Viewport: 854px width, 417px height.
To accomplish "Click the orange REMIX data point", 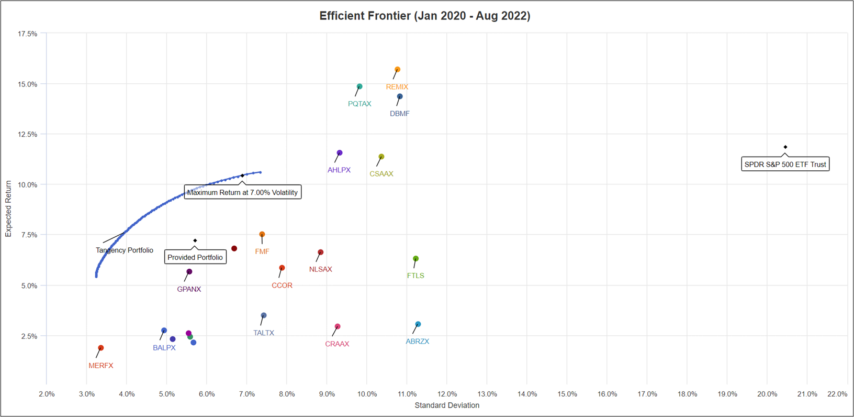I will tap(398, 70).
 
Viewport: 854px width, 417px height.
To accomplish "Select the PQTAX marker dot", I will tap(359, 86).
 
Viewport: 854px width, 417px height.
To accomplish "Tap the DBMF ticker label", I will tap(400, 114).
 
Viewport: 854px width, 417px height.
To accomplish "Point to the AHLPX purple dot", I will tap(340, 153).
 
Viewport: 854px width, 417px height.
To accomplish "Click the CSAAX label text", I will tap(381, 174).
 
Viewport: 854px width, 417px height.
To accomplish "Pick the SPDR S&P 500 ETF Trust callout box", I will tap(785, 164).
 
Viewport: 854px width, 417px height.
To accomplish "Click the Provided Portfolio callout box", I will tap(195, 257).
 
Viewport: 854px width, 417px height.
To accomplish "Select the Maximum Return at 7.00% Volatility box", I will tap(242, 192).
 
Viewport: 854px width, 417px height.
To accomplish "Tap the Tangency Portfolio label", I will tap(125, 250).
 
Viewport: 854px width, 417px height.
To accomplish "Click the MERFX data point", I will tap(101, 348).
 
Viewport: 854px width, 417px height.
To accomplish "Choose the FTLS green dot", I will tap(416, 259).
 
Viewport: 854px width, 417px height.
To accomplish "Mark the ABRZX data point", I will tap(418, 324).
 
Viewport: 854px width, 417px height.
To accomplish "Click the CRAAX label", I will tap(337, 344).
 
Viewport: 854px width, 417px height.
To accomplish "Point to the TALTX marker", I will tap(264, 315).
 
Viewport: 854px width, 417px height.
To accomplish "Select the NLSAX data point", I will tap(321, 253).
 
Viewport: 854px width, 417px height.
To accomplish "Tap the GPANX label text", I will tap(189, 289).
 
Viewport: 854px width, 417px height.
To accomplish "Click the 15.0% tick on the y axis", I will tap(28, 84).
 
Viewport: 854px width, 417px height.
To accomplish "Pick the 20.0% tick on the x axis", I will tap(767, 394).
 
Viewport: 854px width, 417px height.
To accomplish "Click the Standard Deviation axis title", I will tap(447, 405).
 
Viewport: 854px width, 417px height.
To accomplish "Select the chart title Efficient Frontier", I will tap(425, 16).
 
